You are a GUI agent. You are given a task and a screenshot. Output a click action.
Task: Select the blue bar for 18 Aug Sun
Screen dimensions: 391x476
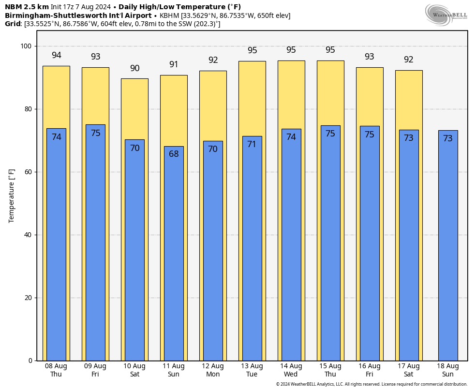coord(448,247)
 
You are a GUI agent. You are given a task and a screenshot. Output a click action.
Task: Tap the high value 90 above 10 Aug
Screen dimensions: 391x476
coord(134,68)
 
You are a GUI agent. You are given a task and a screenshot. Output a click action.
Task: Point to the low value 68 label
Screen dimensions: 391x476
coord(174,154)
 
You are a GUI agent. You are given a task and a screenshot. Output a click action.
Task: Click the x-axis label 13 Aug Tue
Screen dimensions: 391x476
coord(252,370)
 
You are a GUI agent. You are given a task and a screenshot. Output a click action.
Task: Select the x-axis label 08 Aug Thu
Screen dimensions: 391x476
coord(56,370)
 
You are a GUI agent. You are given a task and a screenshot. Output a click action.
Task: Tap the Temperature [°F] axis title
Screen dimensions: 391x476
coord(12,195)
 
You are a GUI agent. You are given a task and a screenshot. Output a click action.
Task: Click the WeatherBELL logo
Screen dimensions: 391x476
coord(446,15)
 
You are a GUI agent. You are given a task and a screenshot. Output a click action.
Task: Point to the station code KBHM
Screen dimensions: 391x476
coord(169,15)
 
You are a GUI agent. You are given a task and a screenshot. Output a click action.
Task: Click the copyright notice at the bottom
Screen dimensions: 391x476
coord(372,384)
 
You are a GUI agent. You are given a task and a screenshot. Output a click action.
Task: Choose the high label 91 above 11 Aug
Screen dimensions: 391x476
coord(174,64)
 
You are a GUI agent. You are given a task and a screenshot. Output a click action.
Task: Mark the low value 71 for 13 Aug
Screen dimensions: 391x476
coord(252,144)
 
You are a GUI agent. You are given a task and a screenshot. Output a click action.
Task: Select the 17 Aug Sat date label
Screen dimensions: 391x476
coord(409,370)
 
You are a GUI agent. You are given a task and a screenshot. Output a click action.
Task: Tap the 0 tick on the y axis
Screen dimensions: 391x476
coord(30,361)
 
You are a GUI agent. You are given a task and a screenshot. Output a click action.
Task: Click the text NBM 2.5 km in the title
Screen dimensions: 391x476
coord(27,7)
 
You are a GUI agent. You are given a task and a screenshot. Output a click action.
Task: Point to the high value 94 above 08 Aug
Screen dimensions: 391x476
coord(56,55)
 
